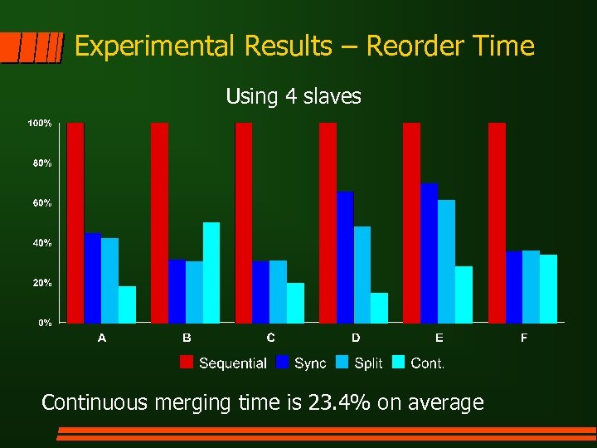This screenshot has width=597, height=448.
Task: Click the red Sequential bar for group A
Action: [75, 222]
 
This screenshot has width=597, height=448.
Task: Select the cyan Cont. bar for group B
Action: [211, 272]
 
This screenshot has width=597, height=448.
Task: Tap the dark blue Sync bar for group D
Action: [345, 256]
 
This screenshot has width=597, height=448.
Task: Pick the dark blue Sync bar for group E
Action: [429, 252]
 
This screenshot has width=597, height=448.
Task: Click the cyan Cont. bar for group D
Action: [379, 307]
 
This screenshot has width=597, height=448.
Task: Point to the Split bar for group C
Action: [278, 291]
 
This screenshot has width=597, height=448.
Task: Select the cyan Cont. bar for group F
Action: [548, 288]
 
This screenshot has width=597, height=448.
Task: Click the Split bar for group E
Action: [446, 261]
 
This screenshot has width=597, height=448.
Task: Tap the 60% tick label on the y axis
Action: [42, 203]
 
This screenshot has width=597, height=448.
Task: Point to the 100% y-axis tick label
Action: [40, 124]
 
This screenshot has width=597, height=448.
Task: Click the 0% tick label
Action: [45, 323]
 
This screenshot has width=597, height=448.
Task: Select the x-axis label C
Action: [271, 338]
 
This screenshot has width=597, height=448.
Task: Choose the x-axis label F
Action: [524, 338]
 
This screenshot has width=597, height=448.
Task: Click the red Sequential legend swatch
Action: [187, 363]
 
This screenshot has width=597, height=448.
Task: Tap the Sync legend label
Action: [310, 363]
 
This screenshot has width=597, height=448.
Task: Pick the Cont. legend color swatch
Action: [398, 363]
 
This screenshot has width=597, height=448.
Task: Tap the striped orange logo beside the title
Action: [32, 48]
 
